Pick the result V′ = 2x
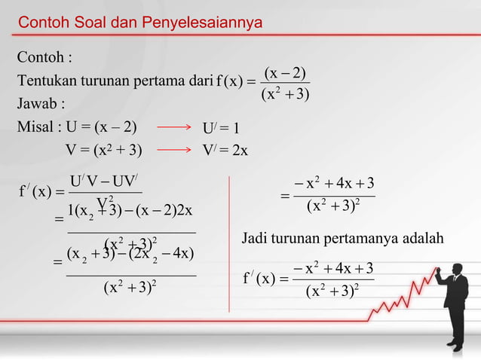225,150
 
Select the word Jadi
255,239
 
